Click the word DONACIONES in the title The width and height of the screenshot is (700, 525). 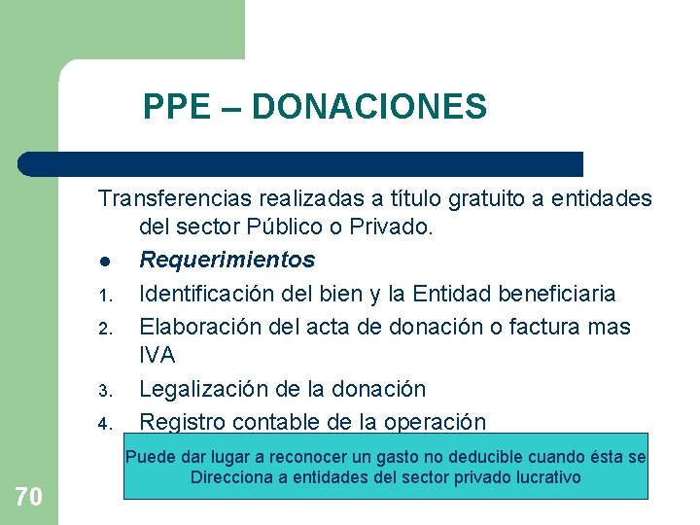pos(368,106)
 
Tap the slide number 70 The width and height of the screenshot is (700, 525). pos(29,498)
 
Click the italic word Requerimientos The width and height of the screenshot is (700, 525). pos(227,261)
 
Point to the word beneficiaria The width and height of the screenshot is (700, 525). pos(559,293)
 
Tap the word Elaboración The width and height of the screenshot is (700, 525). pos(201,327)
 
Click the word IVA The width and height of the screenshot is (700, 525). pos(157,356)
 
